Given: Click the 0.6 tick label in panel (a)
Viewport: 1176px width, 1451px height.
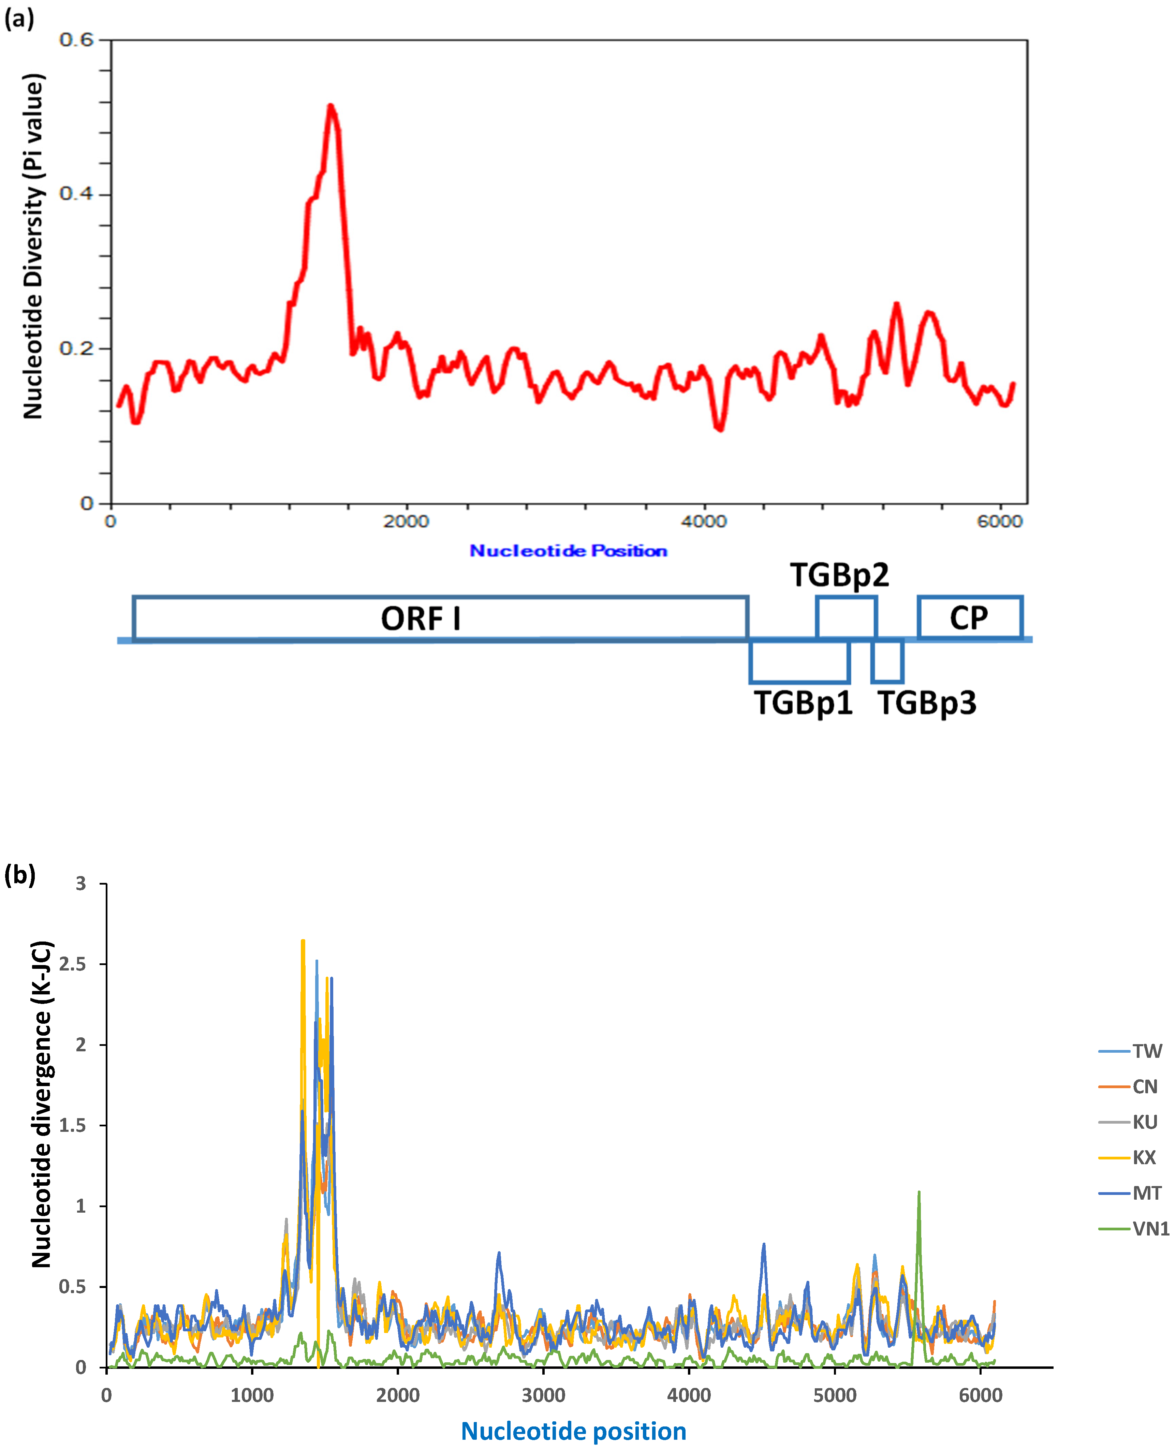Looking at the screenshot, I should (x=76, y=39).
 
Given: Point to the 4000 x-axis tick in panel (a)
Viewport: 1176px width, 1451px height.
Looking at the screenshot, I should (x=704, y=521).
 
